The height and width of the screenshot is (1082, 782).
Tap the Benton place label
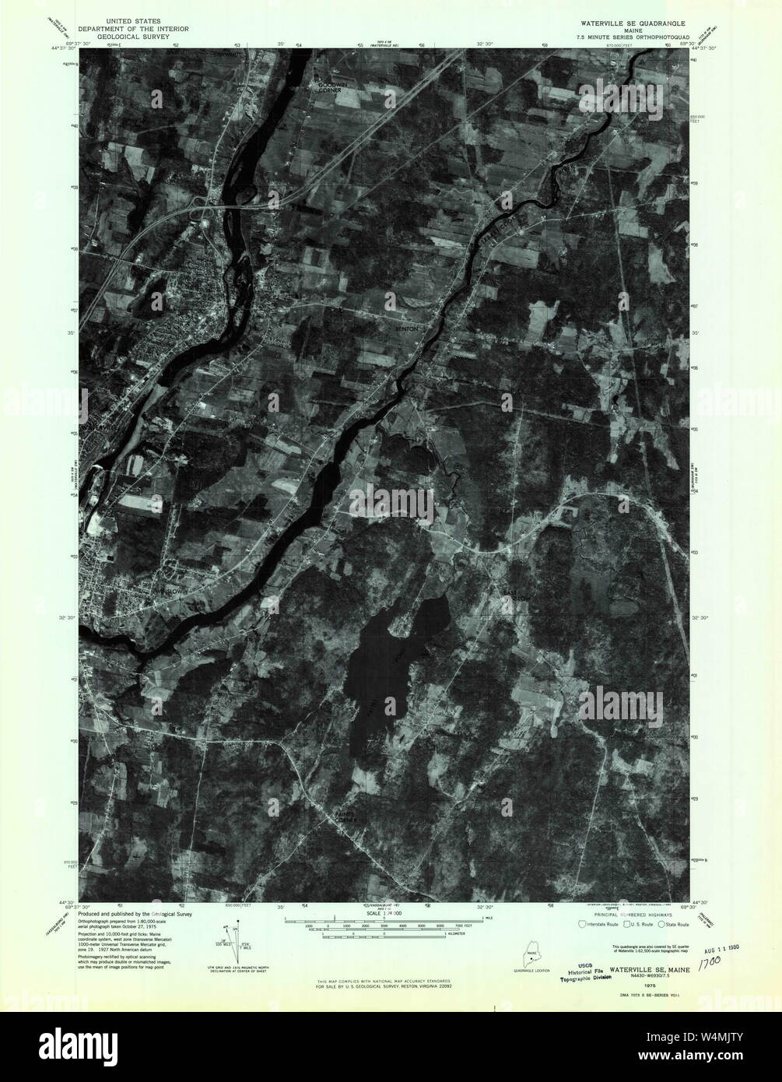[408, 329]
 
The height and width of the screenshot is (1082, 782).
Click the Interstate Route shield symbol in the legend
[582, 924]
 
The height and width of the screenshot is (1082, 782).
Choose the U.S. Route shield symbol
[622, 924]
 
